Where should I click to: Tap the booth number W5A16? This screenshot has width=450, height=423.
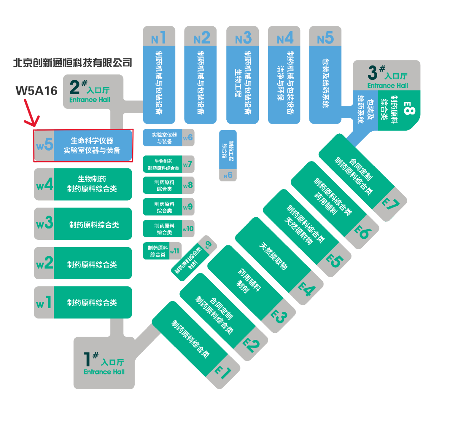(37, 91)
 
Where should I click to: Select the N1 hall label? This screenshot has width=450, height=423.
(159, 38)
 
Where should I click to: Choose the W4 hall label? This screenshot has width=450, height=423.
(44, 185)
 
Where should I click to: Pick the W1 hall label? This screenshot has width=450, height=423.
(44, 303)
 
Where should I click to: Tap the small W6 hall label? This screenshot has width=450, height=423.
(188, 138)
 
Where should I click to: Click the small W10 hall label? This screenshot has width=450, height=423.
(188, 229)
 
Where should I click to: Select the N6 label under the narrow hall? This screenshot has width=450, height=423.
(228, 175)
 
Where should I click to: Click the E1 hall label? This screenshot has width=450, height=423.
(223, 372)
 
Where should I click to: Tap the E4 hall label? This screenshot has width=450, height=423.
(307, 290)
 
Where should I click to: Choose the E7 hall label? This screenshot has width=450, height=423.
(391, 204)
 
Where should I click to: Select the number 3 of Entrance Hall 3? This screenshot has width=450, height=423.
(372, 73)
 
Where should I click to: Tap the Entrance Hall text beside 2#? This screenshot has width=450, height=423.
(90, 100)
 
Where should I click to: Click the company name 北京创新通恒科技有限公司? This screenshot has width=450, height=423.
(72, 63)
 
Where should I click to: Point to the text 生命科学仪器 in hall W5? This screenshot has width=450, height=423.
(92, 141)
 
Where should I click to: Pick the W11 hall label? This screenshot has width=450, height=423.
(175, 251)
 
